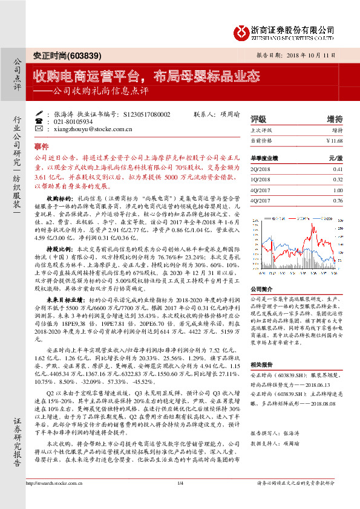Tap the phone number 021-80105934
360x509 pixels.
tap(73, 122)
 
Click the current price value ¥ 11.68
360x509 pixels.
tap(334, 140)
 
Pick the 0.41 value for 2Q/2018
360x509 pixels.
tap(338, 170)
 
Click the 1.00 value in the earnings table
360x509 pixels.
tap(338, 190)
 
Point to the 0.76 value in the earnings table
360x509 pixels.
tap(338, 200)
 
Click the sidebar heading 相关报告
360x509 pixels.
tap(262, 365)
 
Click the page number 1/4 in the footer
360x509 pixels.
tap(180, 499)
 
